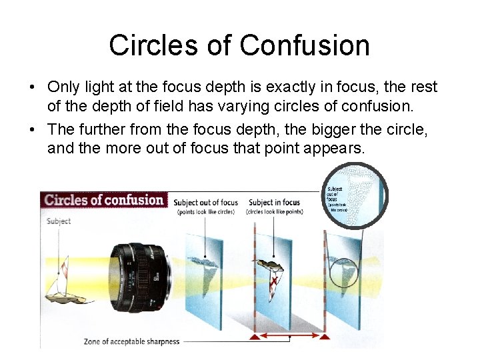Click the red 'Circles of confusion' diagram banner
[104, 199]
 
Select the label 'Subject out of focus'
[205, 203]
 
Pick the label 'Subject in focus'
[274, 203]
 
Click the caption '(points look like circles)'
[206, 212]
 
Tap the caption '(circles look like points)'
[275, 212]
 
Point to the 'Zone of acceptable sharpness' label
[131, 342]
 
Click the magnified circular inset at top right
[355, 196]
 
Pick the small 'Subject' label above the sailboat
[59, 221]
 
